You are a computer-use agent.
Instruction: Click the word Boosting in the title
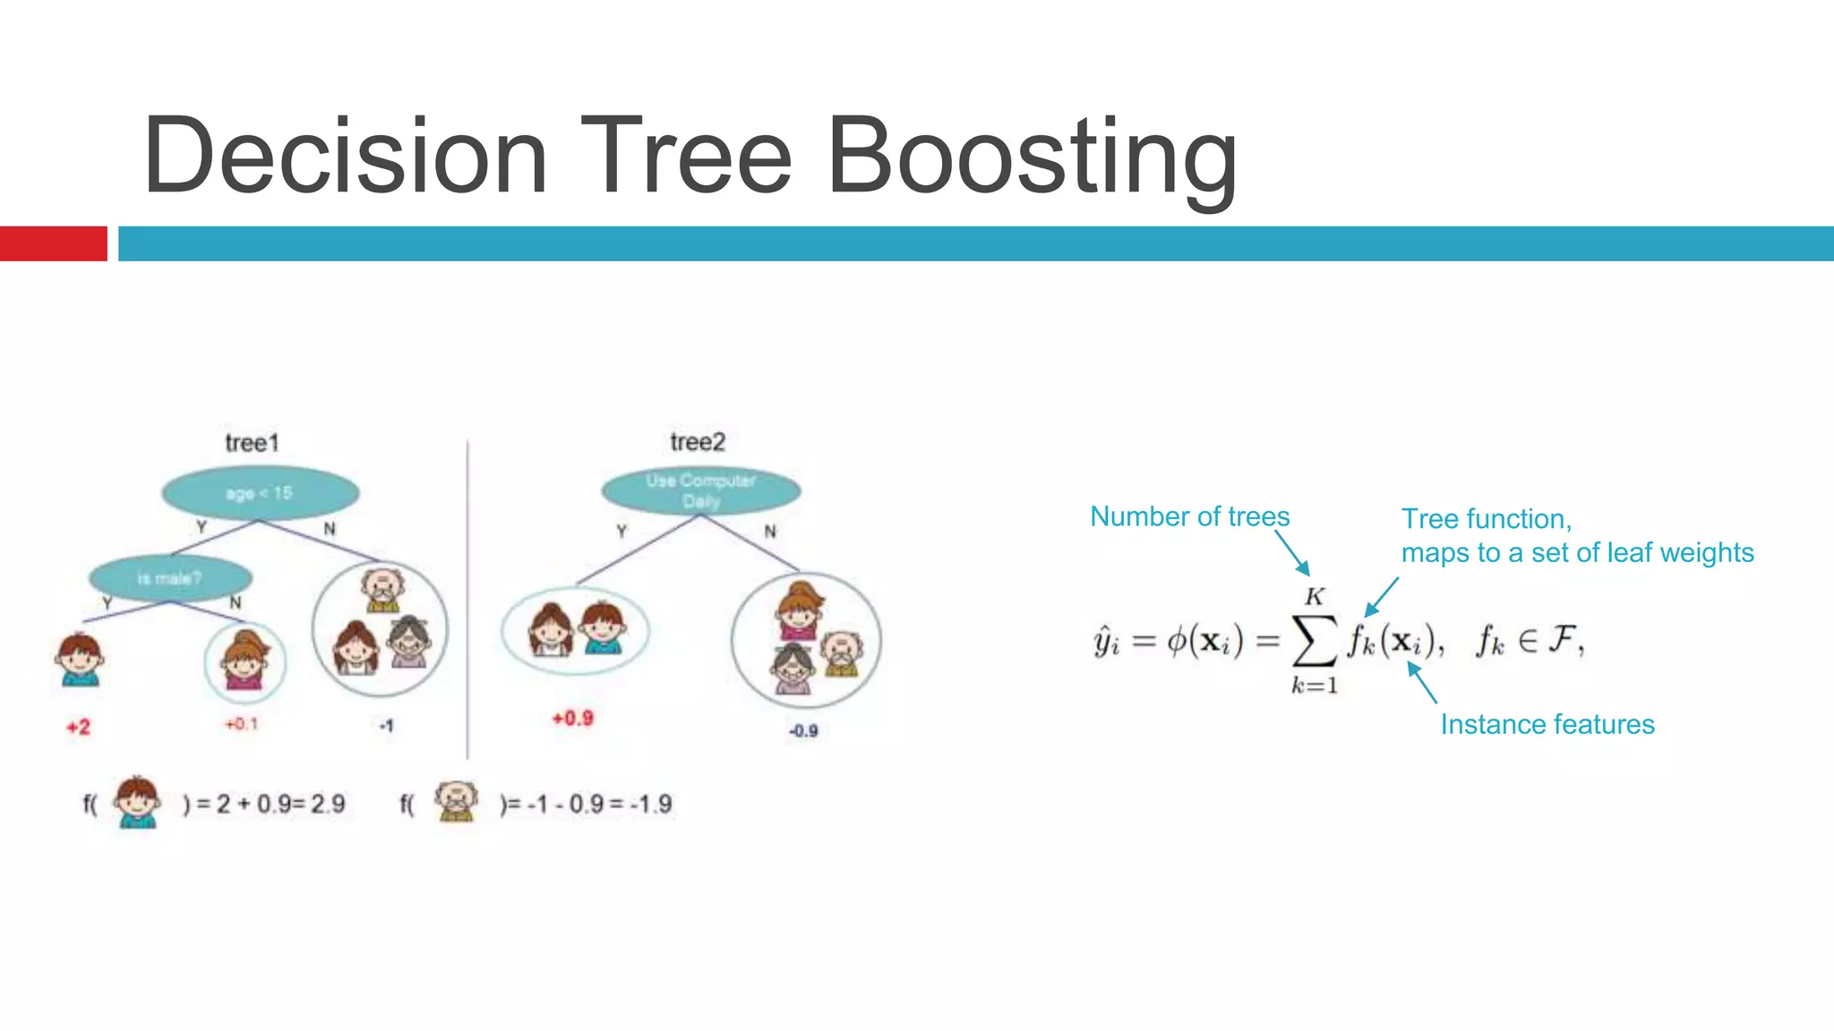coord(1032,158)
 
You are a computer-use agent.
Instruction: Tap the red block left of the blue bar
coord(53,243)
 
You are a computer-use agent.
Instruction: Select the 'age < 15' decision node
coord(260,493)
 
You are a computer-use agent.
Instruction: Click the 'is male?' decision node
coord(170,578)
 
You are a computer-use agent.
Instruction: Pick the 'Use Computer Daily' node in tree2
coord(701,490)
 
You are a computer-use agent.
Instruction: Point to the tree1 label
coord(253,443)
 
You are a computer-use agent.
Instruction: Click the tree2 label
coord(698,442)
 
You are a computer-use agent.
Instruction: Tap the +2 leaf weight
coord(79,727)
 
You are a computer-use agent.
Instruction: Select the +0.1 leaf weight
coord(242,723)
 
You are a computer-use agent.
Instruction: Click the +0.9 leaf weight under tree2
coord(572,718)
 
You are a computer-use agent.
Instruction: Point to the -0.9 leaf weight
coord(803,730)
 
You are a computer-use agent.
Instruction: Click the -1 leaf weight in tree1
coord(386,725)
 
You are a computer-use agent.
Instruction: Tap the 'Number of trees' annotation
coord(1189,516)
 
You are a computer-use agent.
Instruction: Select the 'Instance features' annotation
coord(1547,724)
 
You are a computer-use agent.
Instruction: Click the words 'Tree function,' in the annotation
coord(1486,519)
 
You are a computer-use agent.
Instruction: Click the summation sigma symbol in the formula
coord(1315,641)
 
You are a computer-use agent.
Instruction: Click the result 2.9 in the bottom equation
coord(328,804)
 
